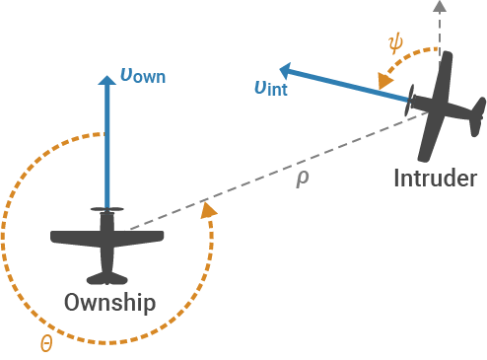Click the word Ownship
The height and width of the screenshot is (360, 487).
109,302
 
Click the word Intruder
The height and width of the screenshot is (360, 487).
435,179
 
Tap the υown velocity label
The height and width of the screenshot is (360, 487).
142,75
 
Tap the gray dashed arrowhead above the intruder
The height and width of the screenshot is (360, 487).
440,8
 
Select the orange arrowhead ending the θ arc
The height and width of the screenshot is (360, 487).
208,210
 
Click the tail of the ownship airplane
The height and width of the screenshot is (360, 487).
106,277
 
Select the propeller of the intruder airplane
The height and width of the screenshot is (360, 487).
411,99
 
